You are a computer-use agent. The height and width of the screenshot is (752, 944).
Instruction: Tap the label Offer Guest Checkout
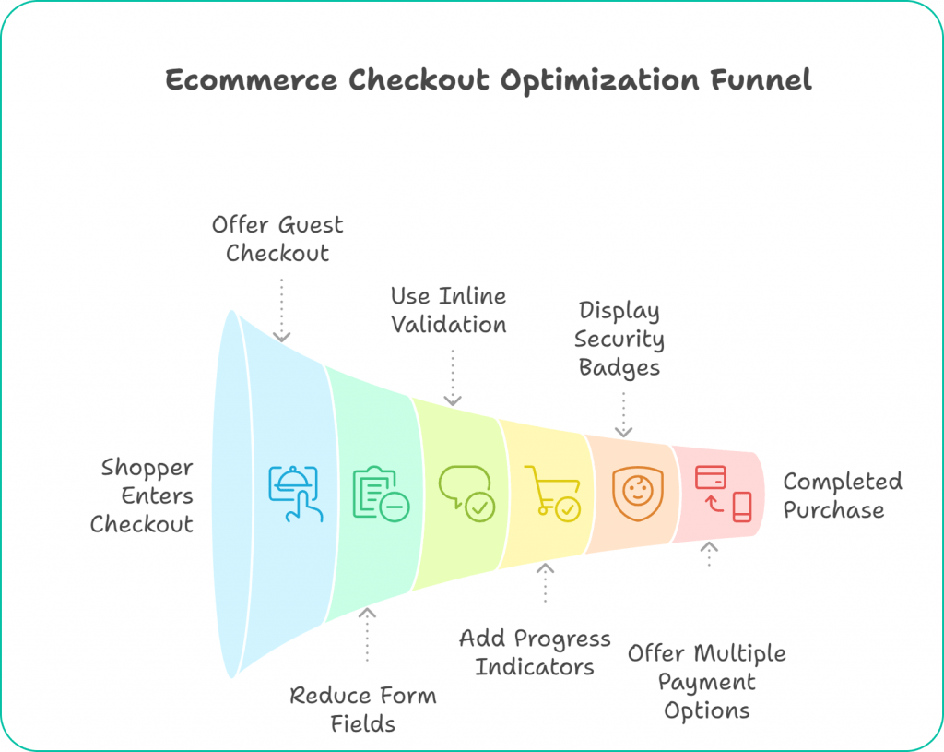(277, 239)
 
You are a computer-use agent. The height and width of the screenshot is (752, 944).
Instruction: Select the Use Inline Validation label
(448, 310)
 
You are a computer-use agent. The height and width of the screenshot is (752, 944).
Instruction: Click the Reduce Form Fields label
(363, 709)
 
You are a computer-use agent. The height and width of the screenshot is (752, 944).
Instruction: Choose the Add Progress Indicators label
(535, 652)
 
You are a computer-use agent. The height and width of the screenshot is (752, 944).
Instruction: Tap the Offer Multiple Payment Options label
(707, 682)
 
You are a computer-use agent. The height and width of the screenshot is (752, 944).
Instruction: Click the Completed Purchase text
(842, 495)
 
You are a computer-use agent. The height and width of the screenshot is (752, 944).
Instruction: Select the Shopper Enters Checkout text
(143, 495)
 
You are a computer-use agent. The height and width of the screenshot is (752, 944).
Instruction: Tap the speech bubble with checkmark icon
(466, 493)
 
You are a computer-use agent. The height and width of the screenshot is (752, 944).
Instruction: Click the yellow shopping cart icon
(552, 493)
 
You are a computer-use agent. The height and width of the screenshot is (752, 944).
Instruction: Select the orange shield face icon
(637, 493)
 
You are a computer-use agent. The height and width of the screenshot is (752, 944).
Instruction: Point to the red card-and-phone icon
(723, 493)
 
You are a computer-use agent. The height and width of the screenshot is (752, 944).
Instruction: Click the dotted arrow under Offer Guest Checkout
(282, 309)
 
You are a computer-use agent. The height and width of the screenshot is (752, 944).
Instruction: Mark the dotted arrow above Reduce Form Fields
(367, 634)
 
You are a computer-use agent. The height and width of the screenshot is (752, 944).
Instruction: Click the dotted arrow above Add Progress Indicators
(545, 582)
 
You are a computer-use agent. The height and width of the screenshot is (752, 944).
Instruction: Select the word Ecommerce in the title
(252, 80)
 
